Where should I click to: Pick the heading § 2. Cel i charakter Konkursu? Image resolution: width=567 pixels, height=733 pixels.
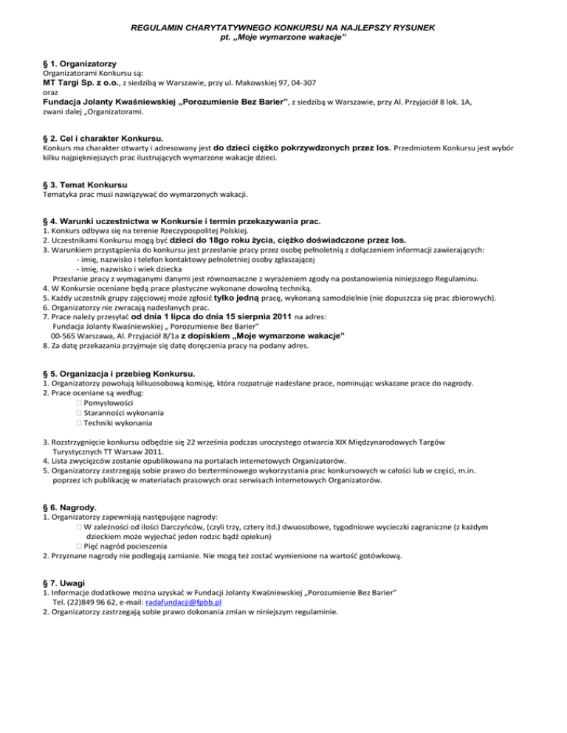[103, 138]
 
